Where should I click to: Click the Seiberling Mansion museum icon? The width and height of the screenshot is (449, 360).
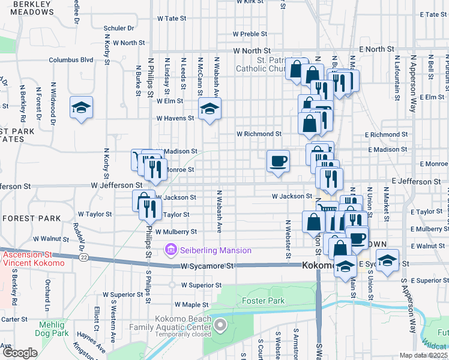click(x=170, y=249)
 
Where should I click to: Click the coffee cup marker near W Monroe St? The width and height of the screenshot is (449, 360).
click(x=277, y=161)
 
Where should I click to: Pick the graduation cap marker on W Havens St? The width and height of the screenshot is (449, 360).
click(x=209, y=109)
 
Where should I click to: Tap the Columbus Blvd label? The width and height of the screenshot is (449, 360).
click(x=71, y=60)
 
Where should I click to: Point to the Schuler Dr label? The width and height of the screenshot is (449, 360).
click(x=118, y=28)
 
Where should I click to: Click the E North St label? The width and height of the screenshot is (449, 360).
click(x=376, y=49)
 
